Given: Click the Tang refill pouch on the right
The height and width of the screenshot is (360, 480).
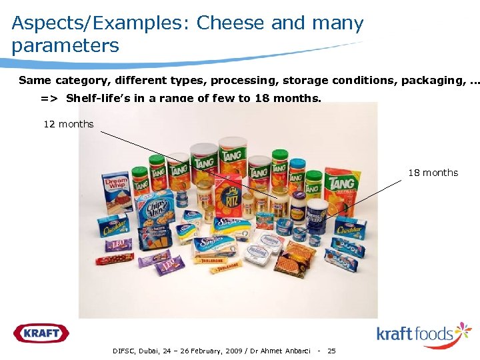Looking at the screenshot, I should coord(341,183).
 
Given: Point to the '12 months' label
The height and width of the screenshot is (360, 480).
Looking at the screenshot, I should coord(69,124).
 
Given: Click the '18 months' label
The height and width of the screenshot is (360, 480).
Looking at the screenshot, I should coord(433,173).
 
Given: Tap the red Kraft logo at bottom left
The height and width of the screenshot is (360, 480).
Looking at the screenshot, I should coord(41,332).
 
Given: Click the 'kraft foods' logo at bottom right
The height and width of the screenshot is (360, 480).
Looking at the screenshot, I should coord(424,333).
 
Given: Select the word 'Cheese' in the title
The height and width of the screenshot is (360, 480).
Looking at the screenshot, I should coord(231,23).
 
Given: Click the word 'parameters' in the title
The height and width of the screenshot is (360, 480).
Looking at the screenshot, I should coord(65,46).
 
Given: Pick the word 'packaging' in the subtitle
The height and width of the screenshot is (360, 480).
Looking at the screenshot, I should coord(431,81).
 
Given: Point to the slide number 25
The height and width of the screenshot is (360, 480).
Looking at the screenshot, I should coord(332,351).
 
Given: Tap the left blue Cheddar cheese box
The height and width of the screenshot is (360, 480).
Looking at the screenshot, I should coord(115,227).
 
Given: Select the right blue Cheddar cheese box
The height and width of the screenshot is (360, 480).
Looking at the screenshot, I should coord(349,229).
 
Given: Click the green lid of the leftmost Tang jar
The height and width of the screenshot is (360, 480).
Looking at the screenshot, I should coord(139,162).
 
